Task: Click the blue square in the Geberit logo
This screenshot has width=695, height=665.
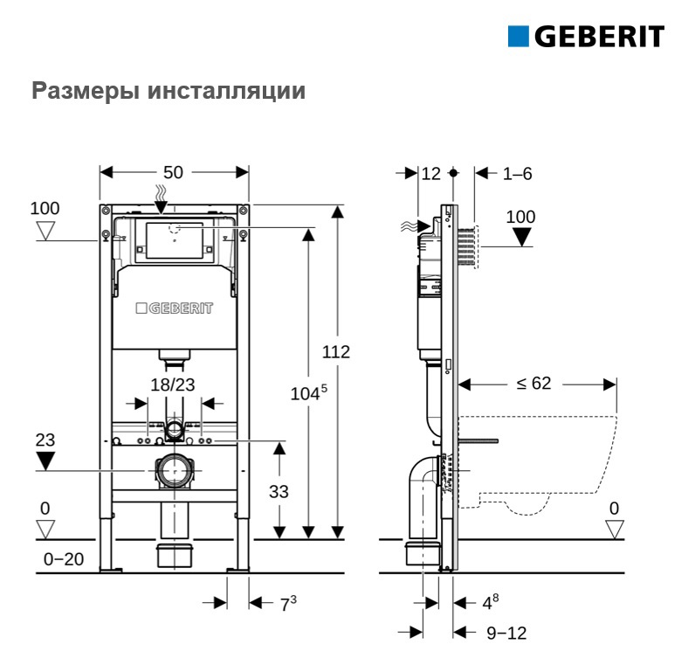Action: [x=518, y=37]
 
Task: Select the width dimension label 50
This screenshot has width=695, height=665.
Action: [x=173, y=172]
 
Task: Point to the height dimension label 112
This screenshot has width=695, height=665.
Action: [x=335, y=352]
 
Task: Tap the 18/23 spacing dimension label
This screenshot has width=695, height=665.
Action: [x=172, y=384]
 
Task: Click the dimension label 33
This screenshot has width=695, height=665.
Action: [x=279, y=492]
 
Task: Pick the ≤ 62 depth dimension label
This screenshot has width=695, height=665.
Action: [x=534, y=384]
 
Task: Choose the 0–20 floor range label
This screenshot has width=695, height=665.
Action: [x=64, y=559]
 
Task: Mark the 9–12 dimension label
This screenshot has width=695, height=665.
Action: [x=506, y=633]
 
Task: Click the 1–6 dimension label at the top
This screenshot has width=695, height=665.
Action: [x=517, y=173]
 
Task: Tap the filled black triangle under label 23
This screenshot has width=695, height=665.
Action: [x=45, y=461]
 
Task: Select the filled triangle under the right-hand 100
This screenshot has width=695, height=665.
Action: [x=521, y=237]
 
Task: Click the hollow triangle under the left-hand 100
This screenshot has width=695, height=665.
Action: [x=45, y=231]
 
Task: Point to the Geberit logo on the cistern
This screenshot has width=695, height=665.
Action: [x=175, y=308]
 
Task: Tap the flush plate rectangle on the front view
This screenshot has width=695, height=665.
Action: [x=175, y=240]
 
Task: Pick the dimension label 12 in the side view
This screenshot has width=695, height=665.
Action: [x=430, y=173]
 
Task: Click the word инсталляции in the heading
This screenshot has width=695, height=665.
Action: [x=226, y=92]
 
